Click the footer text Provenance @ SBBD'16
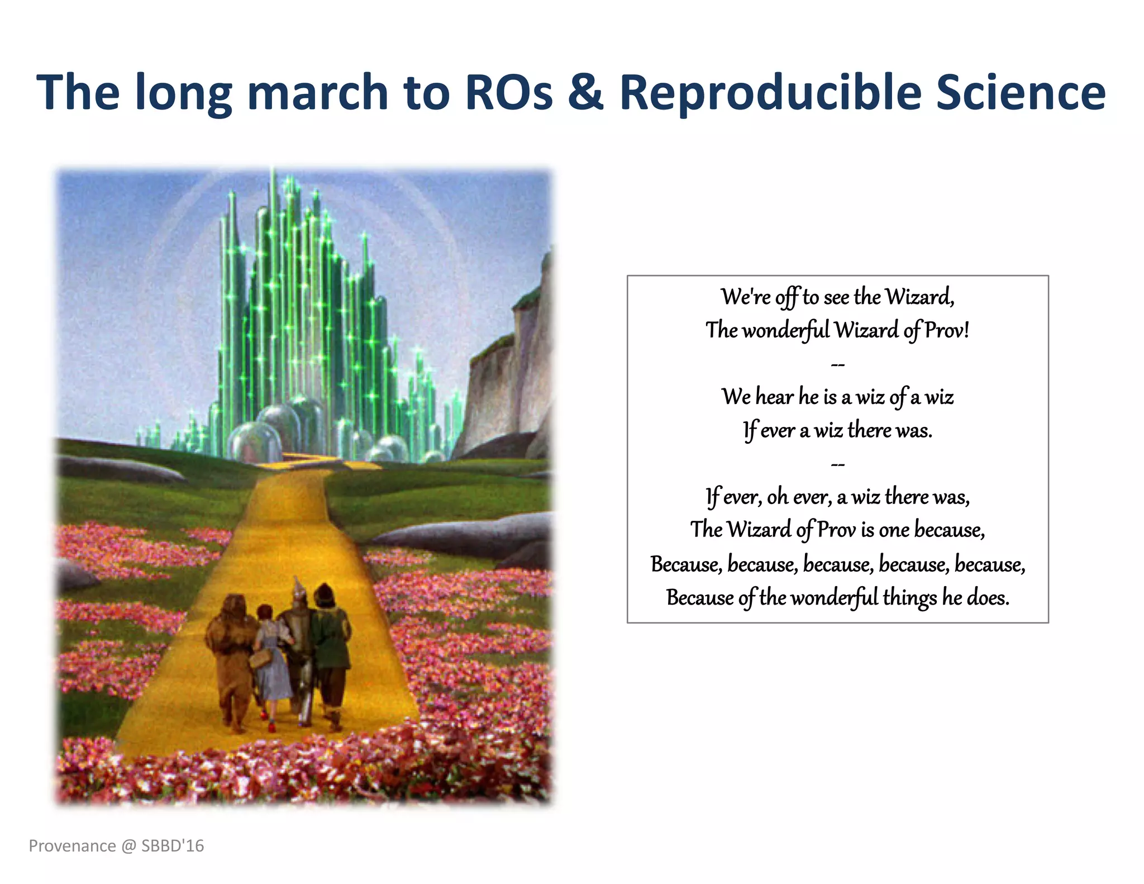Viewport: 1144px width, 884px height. click(x=116, y=845)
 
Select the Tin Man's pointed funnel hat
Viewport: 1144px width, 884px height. click(x=297, y=586)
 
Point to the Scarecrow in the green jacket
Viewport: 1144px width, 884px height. click(x=331, y=648)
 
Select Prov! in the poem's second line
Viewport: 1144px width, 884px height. click(x=946, y=330)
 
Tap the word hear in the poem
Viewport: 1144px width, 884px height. click(x=774, y=397)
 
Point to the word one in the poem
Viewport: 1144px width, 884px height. click(x=894, y=530)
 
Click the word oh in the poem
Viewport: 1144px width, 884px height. click(x=777, y=497)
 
